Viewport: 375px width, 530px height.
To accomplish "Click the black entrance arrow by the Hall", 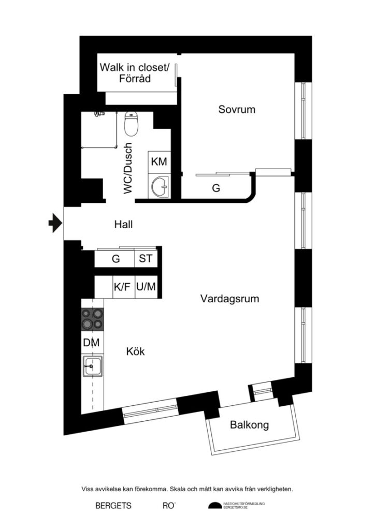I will [54, 223].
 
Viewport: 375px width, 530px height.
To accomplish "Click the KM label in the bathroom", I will [159, 161].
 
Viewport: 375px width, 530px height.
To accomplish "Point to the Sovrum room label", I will [237, 110].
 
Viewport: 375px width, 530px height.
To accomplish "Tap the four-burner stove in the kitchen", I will [92, 319].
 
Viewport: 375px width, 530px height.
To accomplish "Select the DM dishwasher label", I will [92, 343].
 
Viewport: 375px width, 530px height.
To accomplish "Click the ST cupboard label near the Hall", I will [146, 258].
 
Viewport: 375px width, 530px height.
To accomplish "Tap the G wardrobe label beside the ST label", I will [116, 259].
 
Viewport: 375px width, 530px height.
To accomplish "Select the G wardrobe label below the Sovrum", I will [216, 188].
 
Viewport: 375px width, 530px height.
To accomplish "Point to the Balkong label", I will [250, 425].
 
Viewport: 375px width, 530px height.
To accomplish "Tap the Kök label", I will [135, 351].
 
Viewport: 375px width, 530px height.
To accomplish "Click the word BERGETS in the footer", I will [113, 506].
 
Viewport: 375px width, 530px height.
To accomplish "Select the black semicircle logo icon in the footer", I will [214, 506].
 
